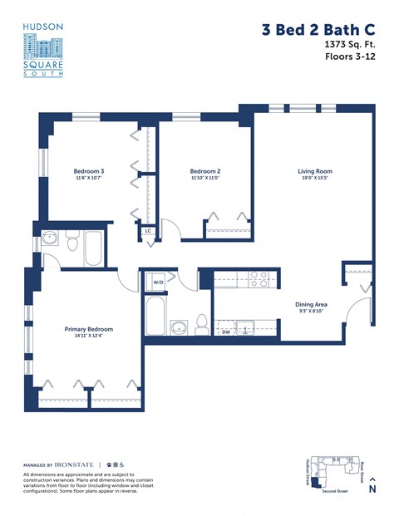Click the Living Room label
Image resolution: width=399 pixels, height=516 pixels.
[x=315, y=172]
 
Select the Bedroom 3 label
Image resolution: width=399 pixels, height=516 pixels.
[x=90, y=172]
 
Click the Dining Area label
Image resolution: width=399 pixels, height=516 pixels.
[x=311, y=304]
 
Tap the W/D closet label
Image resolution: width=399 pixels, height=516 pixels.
[x=158, y=283]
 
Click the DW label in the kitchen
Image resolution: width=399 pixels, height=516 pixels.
[x=225, y=332]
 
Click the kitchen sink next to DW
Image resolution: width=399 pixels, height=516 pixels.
[x=244, y=327]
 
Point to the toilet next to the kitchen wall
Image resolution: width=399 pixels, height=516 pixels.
[x=202, y=325]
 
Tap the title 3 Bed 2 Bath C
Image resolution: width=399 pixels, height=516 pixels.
[x=318, y=30]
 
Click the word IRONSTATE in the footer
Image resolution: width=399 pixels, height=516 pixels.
[x=76, y=463]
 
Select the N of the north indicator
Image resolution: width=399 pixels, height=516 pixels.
[x=372, y=489]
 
